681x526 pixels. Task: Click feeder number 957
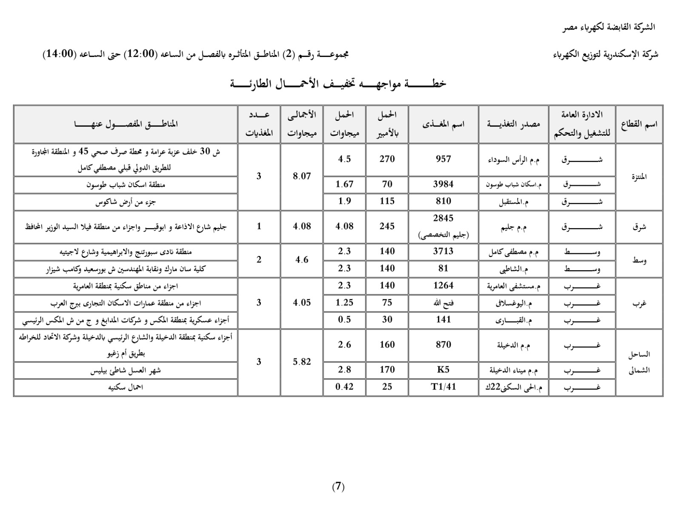coord(443,159)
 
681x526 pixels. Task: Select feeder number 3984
coord(443,184)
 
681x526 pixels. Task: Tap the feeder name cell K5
coord(443,370)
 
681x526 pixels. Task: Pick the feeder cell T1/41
coord(443,387)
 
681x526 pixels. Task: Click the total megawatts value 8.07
coord(302,176)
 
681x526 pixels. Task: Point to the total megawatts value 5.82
coord(302,362)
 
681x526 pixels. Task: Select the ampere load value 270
coord(387,159)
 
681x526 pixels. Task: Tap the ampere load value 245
coord(387,226)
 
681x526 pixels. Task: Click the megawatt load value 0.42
coord(344,387)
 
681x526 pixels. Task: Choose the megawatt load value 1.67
coord(344,184)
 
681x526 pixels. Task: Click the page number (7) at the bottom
coord(338,487)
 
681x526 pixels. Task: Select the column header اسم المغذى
coord(443,124)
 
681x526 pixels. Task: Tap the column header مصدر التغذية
coord(513,124)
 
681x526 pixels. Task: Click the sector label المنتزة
coord(639,177)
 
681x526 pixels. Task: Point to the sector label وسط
coord(639,260)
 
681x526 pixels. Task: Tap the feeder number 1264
coord(443,286)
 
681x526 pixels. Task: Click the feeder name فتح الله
coord(443,303)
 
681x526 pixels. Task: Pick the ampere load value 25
coord(387,387)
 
